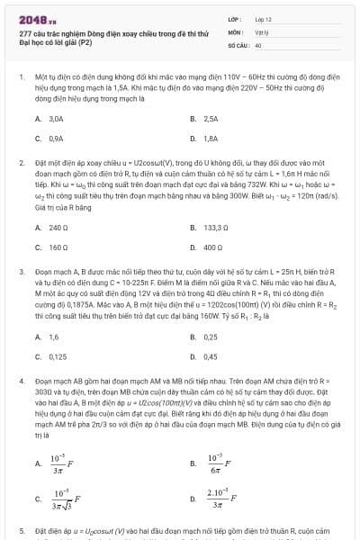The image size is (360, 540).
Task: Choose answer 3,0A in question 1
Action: pos(56,119)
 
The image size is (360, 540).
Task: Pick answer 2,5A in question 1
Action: pos(211,119)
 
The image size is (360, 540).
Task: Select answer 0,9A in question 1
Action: pos(56,139)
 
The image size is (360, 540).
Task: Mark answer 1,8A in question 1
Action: pos(211,139)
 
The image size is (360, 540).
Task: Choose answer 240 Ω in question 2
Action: pos(58,228)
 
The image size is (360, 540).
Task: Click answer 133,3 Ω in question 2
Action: pos(216,228)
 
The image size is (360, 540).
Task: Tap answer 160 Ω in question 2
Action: pos(58,247)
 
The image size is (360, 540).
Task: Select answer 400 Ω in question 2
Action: pos(213,247)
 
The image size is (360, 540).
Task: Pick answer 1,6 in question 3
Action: pos(53,337)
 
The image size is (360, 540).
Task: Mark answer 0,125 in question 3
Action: pos(58,356)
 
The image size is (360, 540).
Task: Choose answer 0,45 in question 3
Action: pos(211,356)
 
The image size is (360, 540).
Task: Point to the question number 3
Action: pos(21,270)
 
